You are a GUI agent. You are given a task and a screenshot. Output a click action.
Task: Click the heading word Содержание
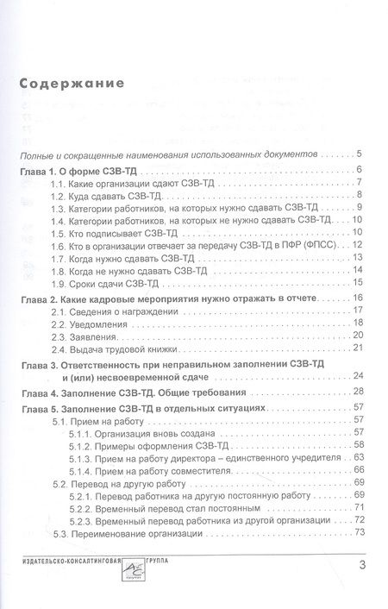point(71,84)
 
